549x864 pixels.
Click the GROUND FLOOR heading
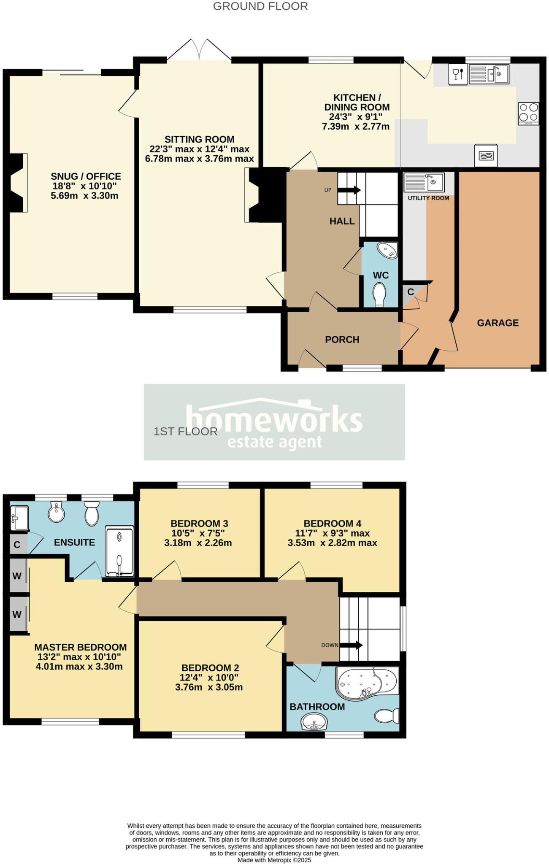[260, 6]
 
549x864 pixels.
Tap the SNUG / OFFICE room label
[86, 176]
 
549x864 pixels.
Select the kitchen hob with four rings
[528, 113]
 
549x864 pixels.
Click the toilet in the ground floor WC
[380, 294]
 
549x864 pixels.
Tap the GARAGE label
[498, 323]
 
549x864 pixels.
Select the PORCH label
[342, 340]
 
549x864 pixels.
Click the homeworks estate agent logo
[274, 422]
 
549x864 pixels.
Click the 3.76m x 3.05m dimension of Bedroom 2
[209, 687]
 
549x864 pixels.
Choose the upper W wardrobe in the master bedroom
[17, 576]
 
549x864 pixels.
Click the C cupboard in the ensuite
[17, 545]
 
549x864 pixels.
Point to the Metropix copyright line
[274, 860]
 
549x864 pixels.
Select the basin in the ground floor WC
[387, 249]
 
